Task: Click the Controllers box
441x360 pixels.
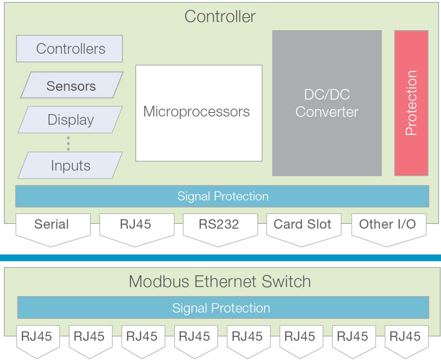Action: [69, 49]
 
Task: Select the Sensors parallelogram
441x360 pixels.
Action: [71, 85]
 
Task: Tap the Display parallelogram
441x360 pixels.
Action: [71, 120]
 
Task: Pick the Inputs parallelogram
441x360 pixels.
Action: [71, 165]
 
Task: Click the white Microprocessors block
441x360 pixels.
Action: [199, 113]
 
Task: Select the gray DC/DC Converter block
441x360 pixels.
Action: [327, 103]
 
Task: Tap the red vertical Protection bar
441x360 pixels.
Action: [411, 103]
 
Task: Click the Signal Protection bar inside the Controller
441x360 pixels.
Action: [222, 196]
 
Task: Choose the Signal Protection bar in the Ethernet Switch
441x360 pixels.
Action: [222, 308]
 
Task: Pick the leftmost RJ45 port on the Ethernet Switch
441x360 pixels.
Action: [37, 340]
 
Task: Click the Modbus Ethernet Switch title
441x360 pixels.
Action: [220, 282]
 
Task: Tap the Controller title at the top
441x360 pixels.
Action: [220, 16]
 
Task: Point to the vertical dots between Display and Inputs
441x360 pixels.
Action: [68, 144]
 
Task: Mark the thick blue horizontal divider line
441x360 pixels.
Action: [220, 258]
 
